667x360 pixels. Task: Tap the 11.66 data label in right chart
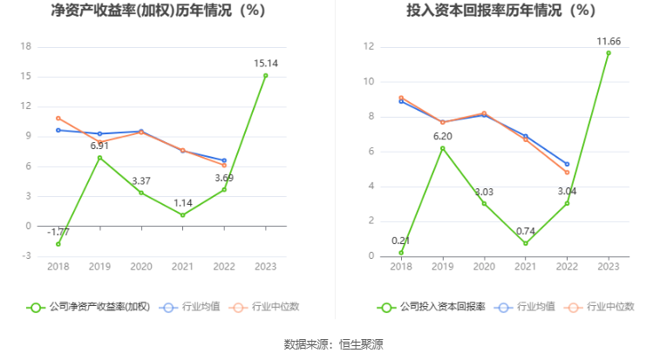click(608, 41)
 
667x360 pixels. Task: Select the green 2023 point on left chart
click(265, 75)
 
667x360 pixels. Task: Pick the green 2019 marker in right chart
click(442, 148)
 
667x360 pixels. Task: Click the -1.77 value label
click(58, 232)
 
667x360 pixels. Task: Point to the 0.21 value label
click(401, 241)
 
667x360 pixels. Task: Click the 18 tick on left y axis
click(26, 46)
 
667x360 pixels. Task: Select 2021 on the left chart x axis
click(182, 266)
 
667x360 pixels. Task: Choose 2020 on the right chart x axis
click(484, 266)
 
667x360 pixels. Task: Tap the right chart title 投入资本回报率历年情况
click(500, 11)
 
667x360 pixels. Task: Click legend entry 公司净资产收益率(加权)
click(89, 307)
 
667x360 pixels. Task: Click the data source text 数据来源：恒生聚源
click(333, 344)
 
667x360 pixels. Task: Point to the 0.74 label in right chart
click(525, 231)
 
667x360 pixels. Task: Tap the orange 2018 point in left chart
click(58, 118)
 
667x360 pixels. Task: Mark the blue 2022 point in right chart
click(567, 164)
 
